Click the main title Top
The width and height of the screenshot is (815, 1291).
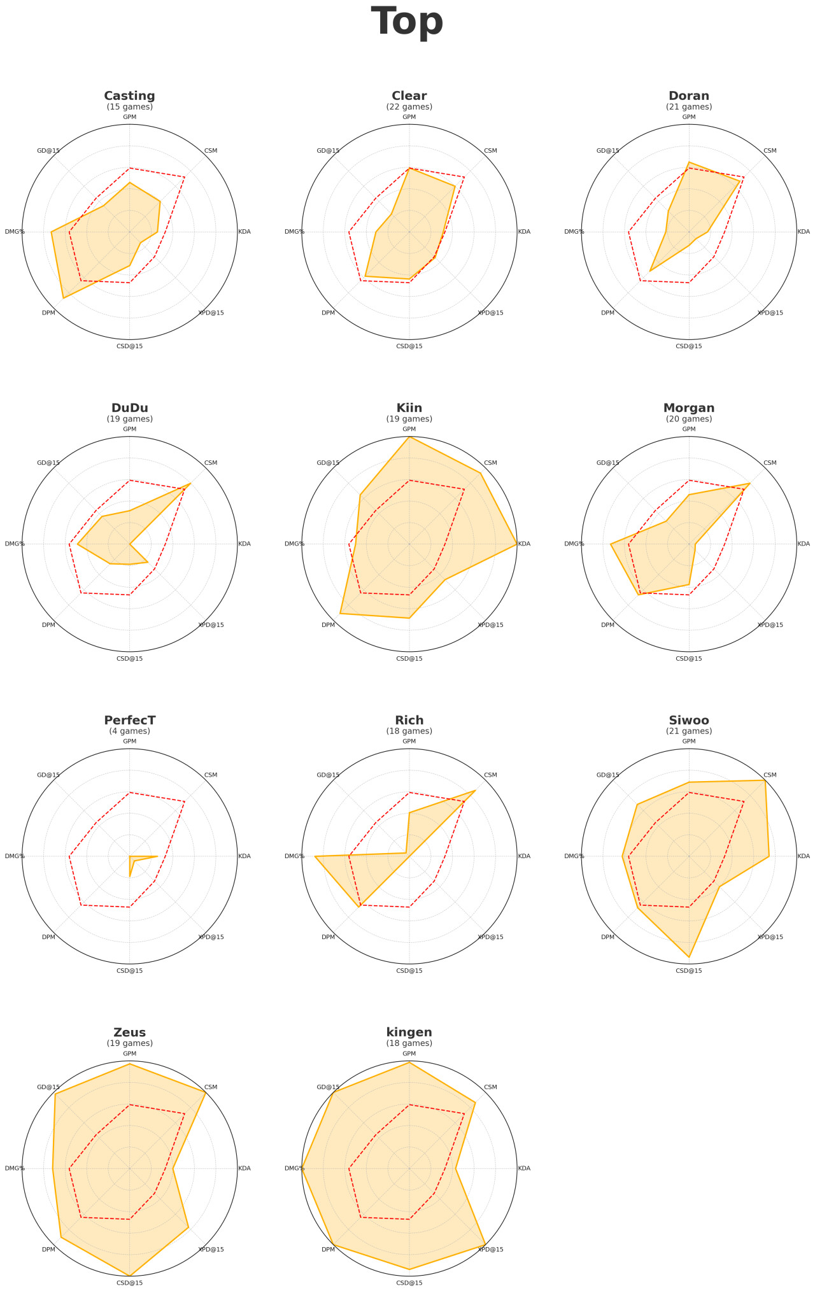(407, 22)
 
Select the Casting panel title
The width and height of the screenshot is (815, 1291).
(129, 95)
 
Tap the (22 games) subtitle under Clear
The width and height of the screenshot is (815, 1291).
(409, 107)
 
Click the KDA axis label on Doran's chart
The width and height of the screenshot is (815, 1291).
(804, 232)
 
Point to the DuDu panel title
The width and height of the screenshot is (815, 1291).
(129, 407)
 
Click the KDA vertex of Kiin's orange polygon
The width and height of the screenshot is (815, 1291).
(516, 544)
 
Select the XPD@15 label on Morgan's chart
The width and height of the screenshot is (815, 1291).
(770, 625)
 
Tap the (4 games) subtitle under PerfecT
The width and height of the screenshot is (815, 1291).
(129, 731)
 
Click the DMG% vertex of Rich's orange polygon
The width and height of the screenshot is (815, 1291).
(315, 856)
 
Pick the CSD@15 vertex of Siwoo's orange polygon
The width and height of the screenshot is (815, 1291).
(689, 957)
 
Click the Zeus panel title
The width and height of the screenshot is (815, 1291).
(129, 1032)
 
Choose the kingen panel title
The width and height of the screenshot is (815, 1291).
(409, 1032)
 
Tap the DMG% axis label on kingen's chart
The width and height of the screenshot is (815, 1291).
(294, 1168)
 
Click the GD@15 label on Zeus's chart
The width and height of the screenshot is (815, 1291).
(48, 1087)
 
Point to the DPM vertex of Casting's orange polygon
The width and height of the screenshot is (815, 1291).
(63, 298)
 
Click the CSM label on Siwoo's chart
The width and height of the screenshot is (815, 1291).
(770, 775)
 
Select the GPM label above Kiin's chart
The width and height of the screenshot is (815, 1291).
(409, 429)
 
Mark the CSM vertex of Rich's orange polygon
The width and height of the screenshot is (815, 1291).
(476, 791)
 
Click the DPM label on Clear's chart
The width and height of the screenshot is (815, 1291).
(328, 313)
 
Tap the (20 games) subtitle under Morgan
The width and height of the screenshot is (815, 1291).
(689, 419)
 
